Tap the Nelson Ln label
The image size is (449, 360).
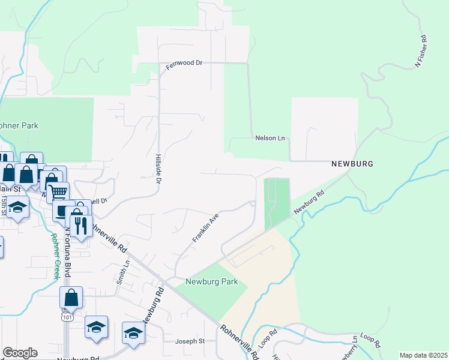coord(269,138)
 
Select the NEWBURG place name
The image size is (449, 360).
coord(352,164)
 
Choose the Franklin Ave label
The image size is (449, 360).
coord(204,227)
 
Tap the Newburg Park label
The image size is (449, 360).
coord(212,281)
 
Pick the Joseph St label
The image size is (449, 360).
coord(190,341)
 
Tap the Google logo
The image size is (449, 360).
coord(20,353)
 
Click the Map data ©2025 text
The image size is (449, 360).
coord(423,355)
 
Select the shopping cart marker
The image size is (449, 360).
coord(58,193)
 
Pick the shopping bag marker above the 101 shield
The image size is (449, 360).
coord(71,296)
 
